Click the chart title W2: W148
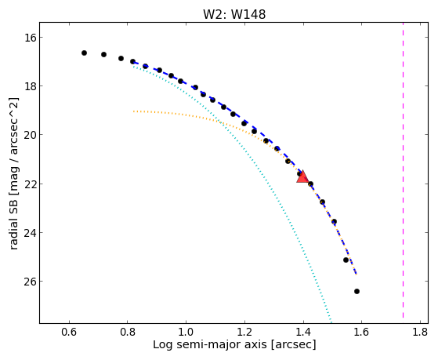tap(234, 14)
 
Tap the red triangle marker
tap(302, 176)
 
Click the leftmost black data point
tap(84, 53)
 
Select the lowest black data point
tap(357, 292)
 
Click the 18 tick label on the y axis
tap(30, 85)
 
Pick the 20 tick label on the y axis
tap(30, 135)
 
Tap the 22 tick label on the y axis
tap(30, 184)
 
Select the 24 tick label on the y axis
tap(30, 233)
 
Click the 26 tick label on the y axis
tap(30, 282)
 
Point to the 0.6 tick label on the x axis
tap(69, 332)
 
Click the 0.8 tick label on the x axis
tap(128, 332)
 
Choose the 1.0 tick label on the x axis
tap(186, 332)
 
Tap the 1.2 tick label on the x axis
tap(244, 332)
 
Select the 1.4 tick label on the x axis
tap(303, 332)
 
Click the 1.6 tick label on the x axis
tap(362, 332)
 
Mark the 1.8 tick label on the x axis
tap(421, 332)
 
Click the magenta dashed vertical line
tap(403, 170)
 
